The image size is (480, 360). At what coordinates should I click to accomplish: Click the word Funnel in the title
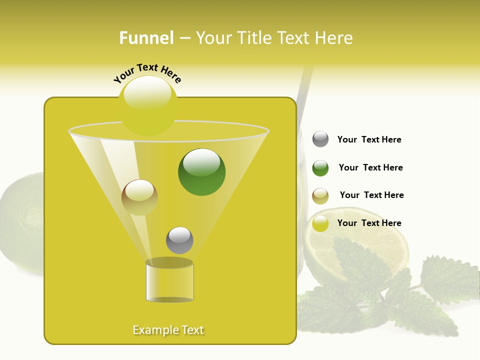[x=146, y=38]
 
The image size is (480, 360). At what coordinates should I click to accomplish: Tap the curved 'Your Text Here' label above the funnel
[x=147, y=73]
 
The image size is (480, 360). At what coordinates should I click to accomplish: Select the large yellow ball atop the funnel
[x=148, y=106]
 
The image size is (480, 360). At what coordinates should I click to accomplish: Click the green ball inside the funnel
[x=202, y=172]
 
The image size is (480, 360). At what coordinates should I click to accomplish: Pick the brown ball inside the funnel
[x=139, y=197]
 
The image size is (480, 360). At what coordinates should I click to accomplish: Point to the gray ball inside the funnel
[x=179, y=240]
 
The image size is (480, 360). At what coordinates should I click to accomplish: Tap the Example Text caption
[x=168, y=330]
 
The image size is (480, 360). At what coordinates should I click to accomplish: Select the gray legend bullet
[x=320, y=139]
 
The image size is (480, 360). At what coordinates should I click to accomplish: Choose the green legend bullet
[x=320, y=168]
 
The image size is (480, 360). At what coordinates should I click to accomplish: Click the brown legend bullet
[x=320, y=196]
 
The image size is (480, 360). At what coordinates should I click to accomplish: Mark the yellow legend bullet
[x=320, y=223]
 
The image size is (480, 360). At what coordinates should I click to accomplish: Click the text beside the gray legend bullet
[x=369, y=140]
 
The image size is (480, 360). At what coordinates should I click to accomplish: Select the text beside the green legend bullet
[x=370, y=168]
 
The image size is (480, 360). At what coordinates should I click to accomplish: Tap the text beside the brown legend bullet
[x=371, y=195]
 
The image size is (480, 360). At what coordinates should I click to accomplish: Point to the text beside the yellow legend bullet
[x=369, y=223]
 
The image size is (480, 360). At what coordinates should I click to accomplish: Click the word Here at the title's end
[x=334, y=38]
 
